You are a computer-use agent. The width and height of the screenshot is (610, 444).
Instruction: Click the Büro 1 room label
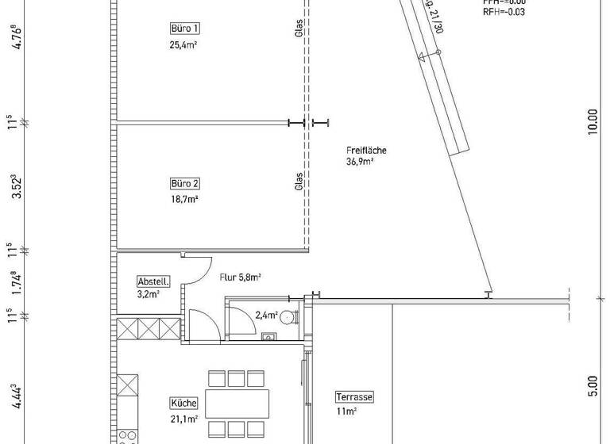pos(184,29)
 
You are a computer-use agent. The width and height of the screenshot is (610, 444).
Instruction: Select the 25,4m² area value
pos(184,45)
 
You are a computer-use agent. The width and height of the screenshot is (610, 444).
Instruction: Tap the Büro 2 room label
pos(184,183)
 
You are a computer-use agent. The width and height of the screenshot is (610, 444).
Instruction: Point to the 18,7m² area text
pos(184,200)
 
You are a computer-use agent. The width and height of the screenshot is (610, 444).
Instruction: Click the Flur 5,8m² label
pos(241,277)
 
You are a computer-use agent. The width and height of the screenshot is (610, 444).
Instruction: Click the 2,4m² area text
pos(265,316)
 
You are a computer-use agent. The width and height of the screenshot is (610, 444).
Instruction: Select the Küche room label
pos(183,402)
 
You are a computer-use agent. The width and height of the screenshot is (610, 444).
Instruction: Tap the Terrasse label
pos(353,397)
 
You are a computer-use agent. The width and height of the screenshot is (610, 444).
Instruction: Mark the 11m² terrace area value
pos(345,411)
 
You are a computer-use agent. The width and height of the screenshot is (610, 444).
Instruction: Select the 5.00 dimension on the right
pos(592,387)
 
